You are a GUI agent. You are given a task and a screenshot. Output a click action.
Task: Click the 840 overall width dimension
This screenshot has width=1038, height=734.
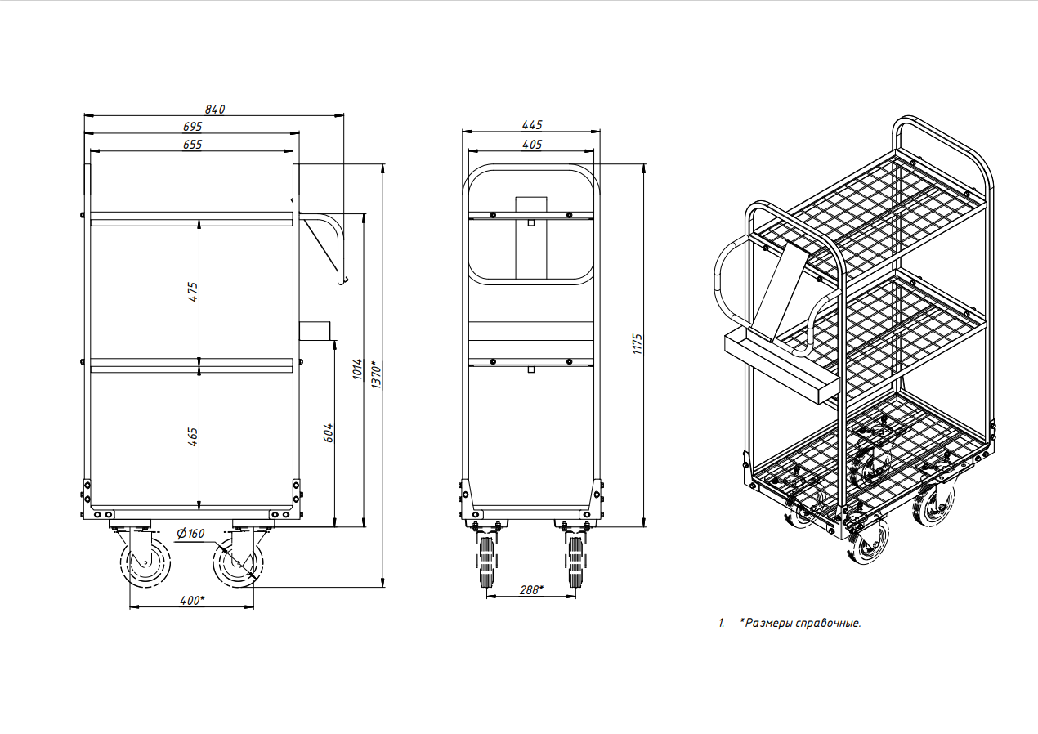[x=215, y=110]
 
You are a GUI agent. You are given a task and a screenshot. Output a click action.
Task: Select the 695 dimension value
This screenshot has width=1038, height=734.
[x=193, y=127]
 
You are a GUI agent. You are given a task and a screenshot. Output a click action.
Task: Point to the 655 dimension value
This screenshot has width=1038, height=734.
[x=193, y=145]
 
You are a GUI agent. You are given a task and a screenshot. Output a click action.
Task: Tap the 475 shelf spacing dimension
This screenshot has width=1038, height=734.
[x=193, y=292]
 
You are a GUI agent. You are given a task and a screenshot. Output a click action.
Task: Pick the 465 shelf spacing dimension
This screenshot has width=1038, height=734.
[x=193, y=437]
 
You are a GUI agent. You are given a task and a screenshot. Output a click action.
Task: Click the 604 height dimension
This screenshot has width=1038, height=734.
[x=328, y=433]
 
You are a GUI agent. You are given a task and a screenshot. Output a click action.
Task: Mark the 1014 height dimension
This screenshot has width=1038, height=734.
[x=357, y=369]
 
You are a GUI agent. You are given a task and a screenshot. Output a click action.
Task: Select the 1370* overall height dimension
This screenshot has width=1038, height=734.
[x=376, y=374]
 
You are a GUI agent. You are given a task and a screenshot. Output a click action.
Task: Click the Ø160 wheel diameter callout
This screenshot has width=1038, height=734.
[x=190, y=534]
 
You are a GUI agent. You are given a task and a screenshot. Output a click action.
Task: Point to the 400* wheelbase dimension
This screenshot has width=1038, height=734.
[x=192, y=601]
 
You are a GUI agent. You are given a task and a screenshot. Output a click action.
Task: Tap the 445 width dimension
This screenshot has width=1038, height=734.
[x=532, y=125]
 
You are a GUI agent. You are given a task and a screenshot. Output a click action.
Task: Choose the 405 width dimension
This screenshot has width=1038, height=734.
[x=532, y=145]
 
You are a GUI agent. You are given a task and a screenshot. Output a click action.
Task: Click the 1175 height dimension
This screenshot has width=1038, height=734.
[x=638, y=344]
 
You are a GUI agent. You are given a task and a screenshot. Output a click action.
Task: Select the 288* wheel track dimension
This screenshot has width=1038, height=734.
[x=531, y=590]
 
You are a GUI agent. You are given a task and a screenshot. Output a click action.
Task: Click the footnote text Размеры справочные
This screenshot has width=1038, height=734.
[x=803, y=624]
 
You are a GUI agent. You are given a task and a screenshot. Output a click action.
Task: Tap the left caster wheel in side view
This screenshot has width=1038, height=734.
[x=145, y=563]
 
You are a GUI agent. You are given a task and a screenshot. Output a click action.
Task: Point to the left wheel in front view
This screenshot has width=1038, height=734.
[x=485, y=562]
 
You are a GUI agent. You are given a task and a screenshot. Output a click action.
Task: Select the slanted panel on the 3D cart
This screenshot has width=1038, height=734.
[x=780, y=293]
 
